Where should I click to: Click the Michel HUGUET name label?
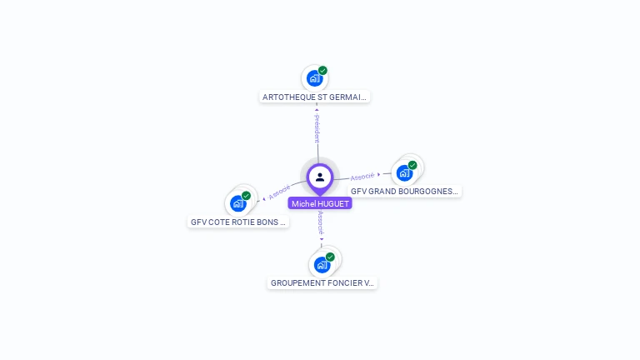320,203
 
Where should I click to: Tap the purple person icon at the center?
320,177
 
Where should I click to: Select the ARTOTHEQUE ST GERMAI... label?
314,97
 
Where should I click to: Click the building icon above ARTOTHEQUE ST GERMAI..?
314,78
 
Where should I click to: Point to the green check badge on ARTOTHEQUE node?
322,71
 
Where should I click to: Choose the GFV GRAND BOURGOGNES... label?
404,191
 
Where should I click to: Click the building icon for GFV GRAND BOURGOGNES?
404,173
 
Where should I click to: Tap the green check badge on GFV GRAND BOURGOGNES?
412,165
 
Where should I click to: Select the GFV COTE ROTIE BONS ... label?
238,222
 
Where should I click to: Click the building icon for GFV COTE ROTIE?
238,203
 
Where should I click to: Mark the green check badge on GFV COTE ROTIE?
246,196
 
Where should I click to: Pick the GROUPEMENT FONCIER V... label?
322,283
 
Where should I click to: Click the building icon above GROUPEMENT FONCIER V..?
322,265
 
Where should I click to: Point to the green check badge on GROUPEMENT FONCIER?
330,257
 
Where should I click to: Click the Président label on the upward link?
317,129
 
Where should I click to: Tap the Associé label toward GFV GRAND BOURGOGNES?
362,177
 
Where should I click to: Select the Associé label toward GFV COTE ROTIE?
280,192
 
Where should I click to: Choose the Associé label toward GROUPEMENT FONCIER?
321,222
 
